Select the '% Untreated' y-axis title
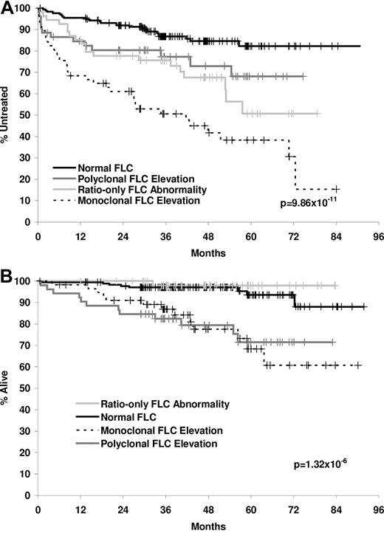7,114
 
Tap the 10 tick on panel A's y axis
29,200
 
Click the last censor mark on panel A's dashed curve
335,189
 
